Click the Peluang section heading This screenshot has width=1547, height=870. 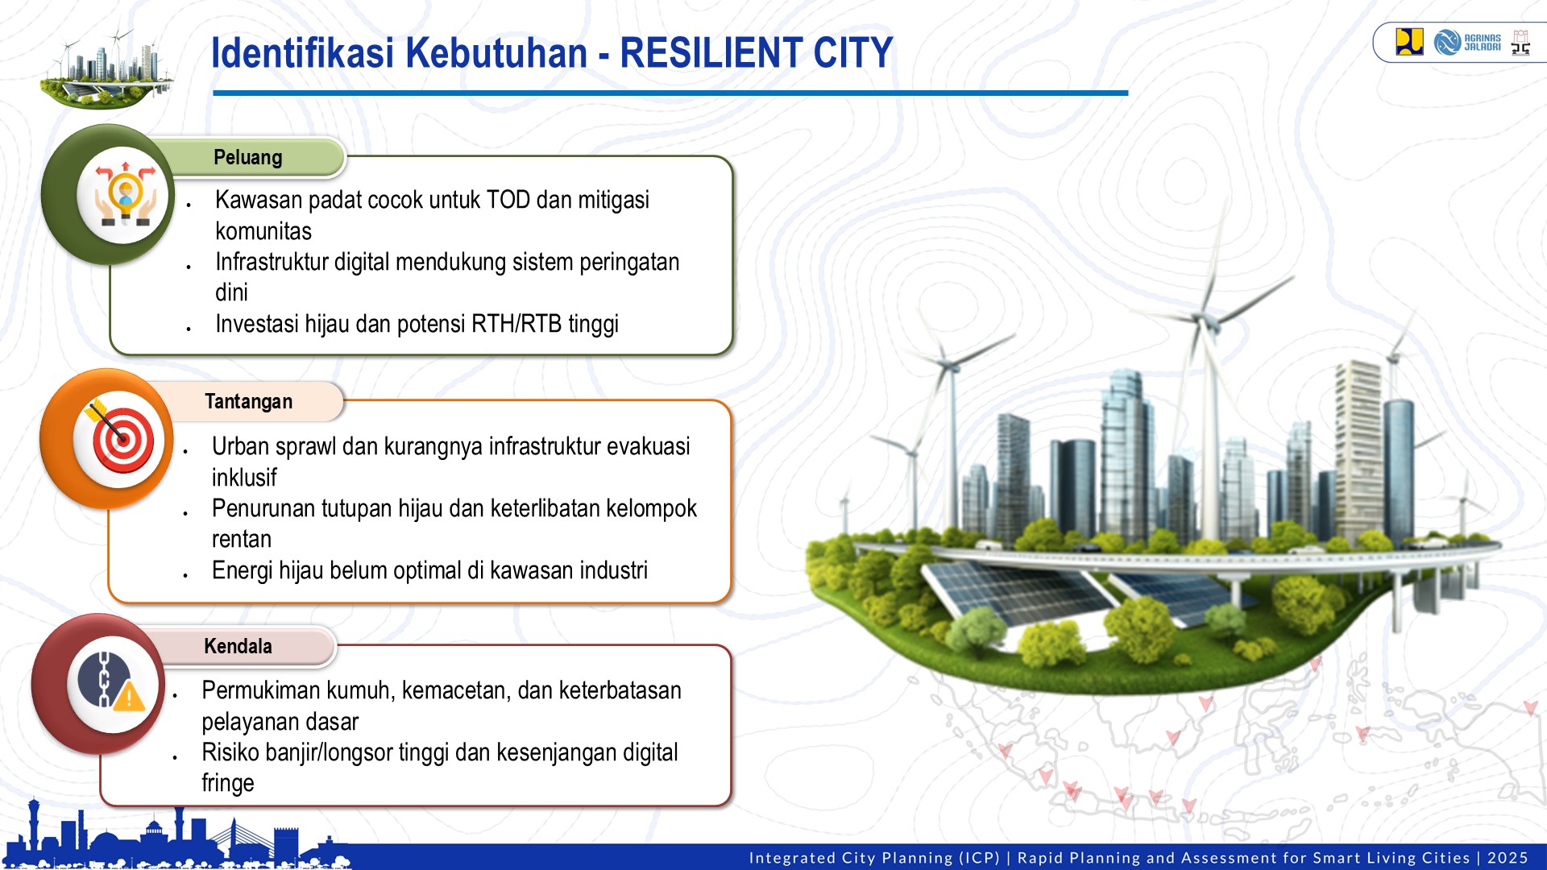(247, 158)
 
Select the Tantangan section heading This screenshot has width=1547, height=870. (248, 401)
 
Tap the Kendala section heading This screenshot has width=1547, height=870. (238, 646)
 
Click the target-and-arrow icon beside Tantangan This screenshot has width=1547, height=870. (121, 440)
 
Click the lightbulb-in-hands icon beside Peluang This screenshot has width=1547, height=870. (124, 196)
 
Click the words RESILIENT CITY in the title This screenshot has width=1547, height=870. (756, 53)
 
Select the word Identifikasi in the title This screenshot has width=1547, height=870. (302, 53)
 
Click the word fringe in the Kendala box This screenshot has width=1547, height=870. (227, 783)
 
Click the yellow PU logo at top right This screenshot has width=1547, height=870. (1409, 42)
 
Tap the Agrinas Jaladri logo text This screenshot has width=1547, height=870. (1481, 42)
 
